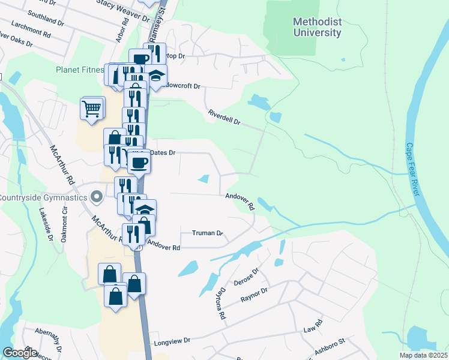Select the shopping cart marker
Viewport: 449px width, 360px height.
(92, 109)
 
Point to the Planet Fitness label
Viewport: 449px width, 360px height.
(80, 70)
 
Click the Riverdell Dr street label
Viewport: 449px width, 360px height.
(224, 117)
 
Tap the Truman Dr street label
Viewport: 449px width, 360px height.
(207, 233)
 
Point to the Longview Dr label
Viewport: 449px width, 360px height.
(172, 340)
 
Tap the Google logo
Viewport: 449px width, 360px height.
(20, 352)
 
